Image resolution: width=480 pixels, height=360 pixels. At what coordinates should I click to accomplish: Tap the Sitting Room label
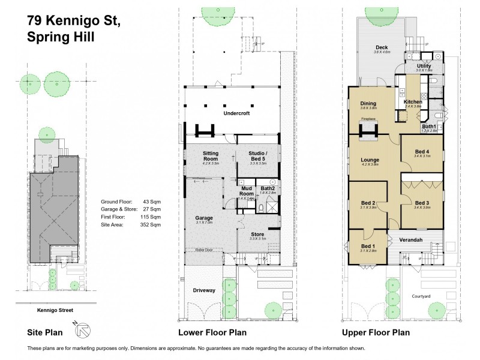click(x=210, y=154)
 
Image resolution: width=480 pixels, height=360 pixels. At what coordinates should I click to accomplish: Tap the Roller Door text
click(x=202, y=250)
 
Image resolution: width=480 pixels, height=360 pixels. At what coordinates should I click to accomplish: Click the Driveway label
click(x=204, y=290)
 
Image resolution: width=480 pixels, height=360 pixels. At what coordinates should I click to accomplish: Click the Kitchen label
click(x=413, y=102)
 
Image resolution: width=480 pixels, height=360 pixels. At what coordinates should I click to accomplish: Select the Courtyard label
click(x=421, y=296)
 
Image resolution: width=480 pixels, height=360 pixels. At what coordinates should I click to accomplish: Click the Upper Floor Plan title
click(x=376, y=332)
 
